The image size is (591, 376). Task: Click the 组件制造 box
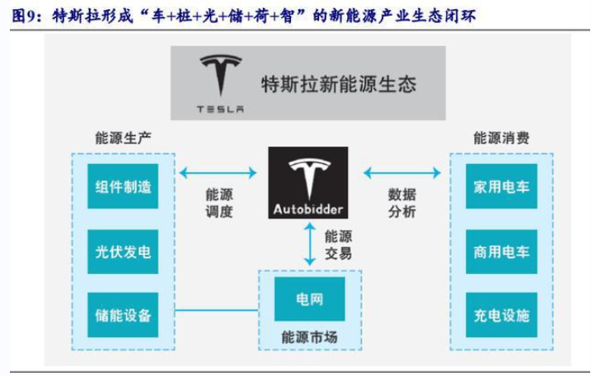[123, 187]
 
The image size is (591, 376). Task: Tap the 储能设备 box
[123, 315]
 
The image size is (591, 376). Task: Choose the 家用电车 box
[501, 187]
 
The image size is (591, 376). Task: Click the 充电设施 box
[501, 315]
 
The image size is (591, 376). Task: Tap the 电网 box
[310, 299]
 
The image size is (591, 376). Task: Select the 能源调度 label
[219, 203]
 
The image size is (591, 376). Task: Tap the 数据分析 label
[401, 203]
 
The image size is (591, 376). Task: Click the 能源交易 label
[338, 244]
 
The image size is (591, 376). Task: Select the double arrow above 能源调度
[218, 172]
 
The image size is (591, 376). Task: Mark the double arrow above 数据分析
[401, 172]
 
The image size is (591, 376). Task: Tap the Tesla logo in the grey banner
[220, 80]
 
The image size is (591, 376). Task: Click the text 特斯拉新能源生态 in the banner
[338, 83]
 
